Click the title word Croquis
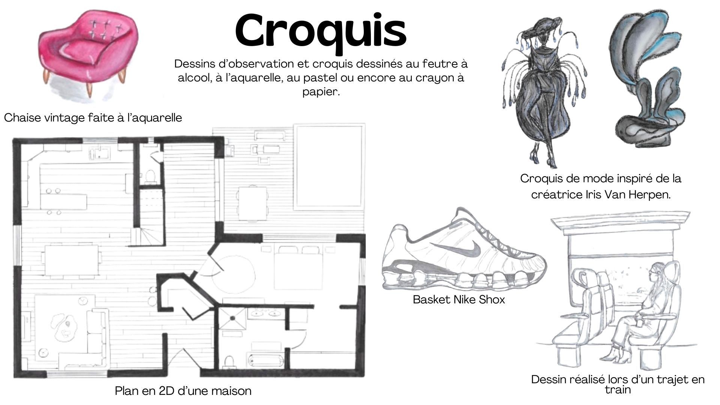pyautogui.click(x=321, y=32)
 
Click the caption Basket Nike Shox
pyautogui.click(x=459, y=299)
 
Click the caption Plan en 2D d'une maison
pyautogui.click(x=183, y=391)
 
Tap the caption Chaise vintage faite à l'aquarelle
pyautogui.click(x=93, y=118)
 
